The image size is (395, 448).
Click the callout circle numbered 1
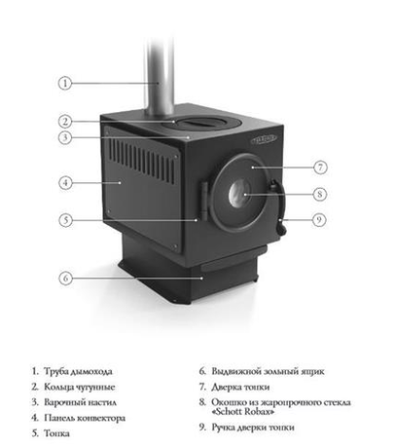(65, 83)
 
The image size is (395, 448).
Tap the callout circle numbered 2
(65, 122)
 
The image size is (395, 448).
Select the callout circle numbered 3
(65, 139)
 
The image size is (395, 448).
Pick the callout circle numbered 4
(65, 182)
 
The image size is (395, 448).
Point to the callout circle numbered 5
(65, 220)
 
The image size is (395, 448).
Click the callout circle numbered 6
(65, 278)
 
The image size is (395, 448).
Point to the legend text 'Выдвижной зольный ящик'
(264, 371)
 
